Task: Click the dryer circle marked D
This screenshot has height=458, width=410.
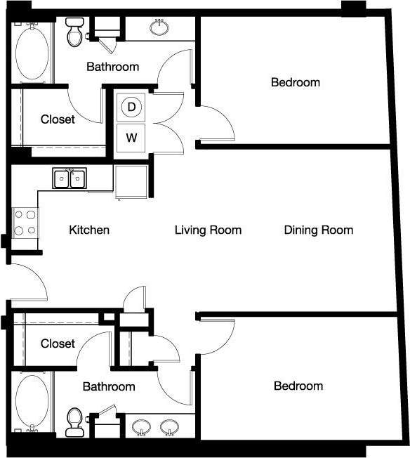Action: point(131,107)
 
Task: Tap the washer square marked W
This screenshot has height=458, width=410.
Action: point(131,137)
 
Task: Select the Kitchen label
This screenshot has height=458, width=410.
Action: point(89,230)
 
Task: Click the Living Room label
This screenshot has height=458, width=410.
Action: point(208,230)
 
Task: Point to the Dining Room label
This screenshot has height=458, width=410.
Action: point(319,230)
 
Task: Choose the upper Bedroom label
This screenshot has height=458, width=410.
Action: point(296,82)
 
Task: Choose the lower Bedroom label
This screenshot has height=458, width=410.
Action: point(298,386)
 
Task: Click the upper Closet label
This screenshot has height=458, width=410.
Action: point(58,119)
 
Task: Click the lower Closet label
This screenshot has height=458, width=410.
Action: point(58,343)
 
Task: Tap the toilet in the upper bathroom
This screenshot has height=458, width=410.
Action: point(74,32)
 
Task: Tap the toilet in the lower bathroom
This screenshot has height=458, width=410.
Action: point(74,421)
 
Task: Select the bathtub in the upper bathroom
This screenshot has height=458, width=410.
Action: point(32,52)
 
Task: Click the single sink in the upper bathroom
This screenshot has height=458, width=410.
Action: point(159,27)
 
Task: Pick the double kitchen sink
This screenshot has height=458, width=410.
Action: point(70,180)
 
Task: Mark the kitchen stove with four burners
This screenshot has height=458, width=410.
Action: point(26,223)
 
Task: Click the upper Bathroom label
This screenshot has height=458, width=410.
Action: point(112,67)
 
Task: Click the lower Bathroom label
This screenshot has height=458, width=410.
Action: point(109,386)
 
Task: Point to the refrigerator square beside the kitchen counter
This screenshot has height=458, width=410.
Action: point(130,181)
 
